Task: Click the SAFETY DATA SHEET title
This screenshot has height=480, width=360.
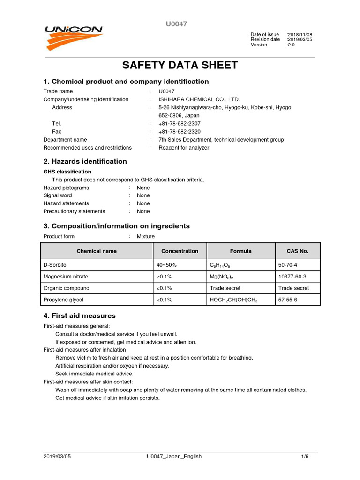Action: point(180,65)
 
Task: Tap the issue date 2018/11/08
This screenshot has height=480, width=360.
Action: point(300,35)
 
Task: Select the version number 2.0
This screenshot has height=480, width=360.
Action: point(292,45)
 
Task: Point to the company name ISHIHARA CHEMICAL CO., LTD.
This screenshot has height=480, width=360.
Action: point(199,99)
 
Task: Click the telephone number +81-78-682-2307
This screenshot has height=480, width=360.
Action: point(180,123)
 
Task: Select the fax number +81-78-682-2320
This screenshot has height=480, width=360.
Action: point(180,132)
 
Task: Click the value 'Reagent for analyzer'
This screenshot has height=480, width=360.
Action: point(184,148)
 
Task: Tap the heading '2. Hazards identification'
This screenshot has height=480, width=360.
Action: point(85,161)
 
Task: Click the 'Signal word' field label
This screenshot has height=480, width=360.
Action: point(58,195)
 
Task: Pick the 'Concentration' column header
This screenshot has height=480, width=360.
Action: point(180,251)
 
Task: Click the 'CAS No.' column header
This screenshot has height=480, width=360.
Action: point(297,251)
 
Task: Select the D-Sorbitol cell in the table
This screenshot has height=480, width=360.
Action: point(55,265)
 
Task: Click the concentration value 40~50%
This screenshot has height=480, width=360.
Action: point(166,265)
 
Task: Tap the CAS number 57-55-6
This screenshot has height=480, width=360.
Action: point(288,300)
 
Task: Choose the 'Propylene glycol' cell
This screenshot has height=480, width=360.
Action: point(63,300)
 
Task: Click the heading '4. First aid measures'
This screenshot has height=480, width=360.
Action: point(79,316)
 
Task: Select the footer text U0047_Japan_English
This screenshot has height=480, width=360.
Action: point(174,457)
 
